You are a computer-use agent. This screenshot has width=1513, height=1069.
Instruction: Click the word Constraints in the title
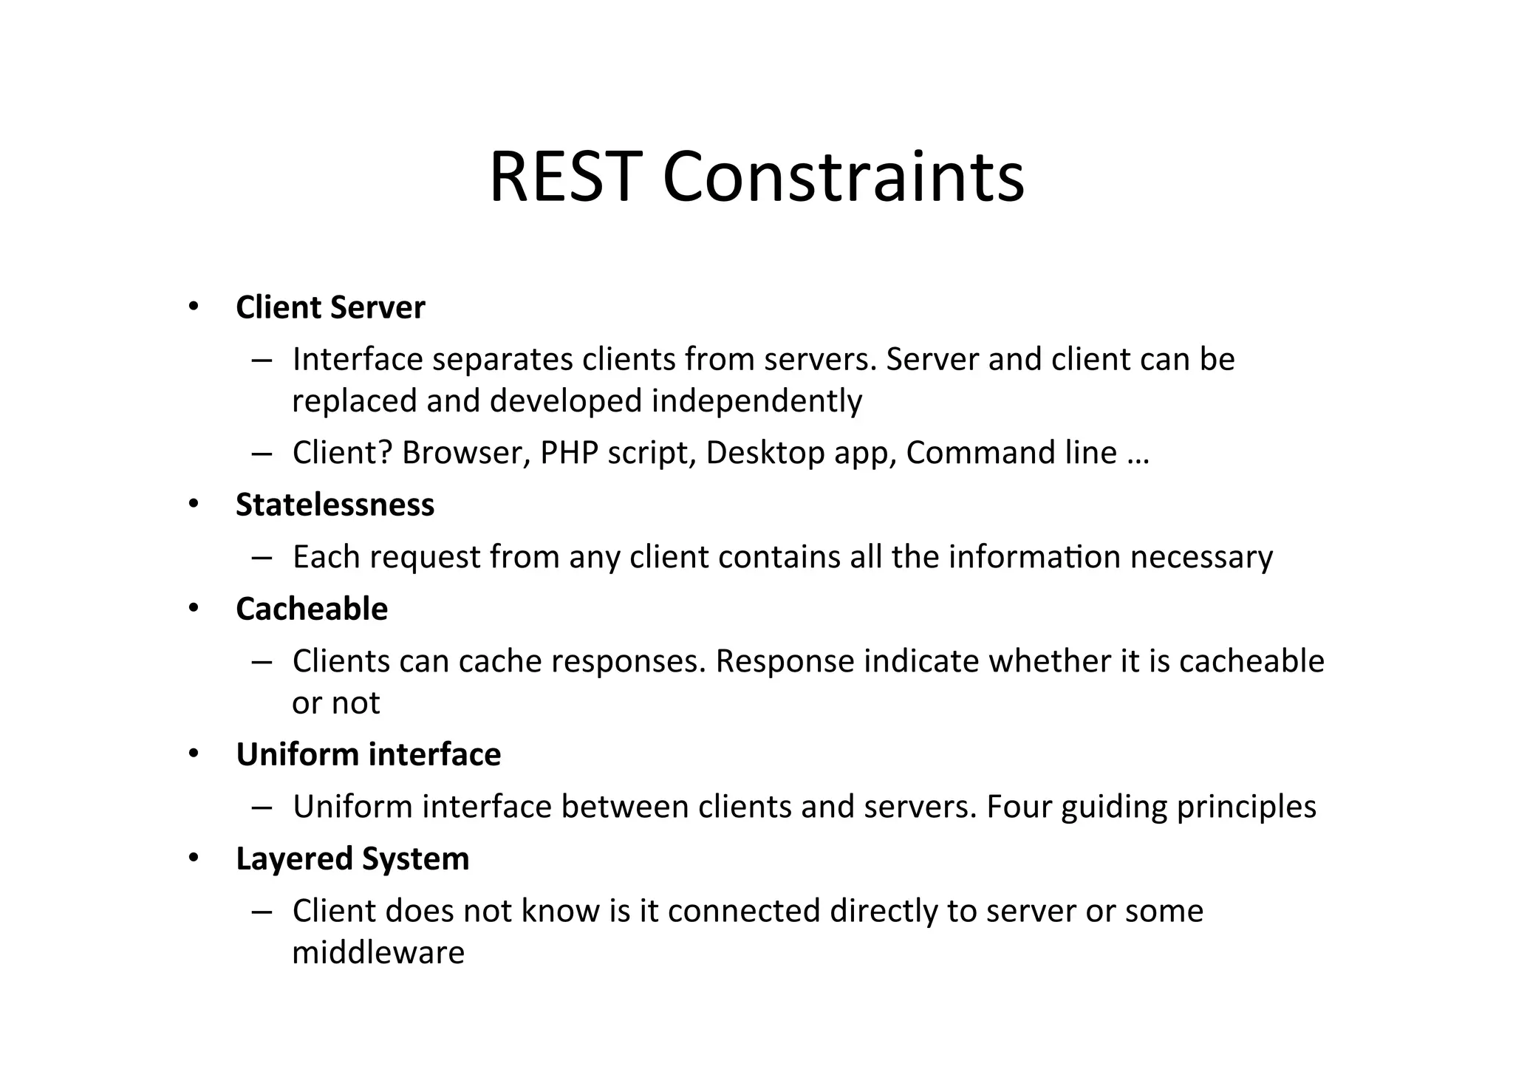point(843,178)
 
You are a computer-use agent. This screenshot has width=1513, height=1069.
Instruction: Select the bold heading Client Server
point(330,308)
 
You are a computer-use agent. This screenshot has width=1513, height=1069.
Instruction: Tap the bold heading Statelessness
point(335,505)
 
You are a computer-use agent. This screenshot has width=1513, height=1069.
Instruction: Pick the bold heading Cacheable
point(312,609)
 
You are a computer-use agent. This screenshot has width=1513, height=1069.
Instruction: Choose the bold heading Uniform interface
point(368,755)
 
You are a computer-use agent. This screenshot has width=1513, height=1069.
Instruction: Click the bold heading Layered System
point(352,859)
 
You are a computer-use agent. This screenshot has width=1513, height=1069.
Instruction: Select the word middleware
point(378,953)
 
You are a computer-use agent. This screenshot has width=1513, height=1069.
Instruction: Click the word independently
point(756,401)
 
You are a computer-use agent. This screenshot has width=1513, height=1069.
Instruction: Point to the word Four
point(1019,807)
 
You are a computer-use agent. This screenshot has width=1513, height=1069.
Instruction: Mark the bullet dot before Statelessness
point(194,505)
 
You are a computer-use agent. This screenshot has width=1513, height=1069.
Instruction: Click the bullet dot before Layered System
point(194,858)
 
